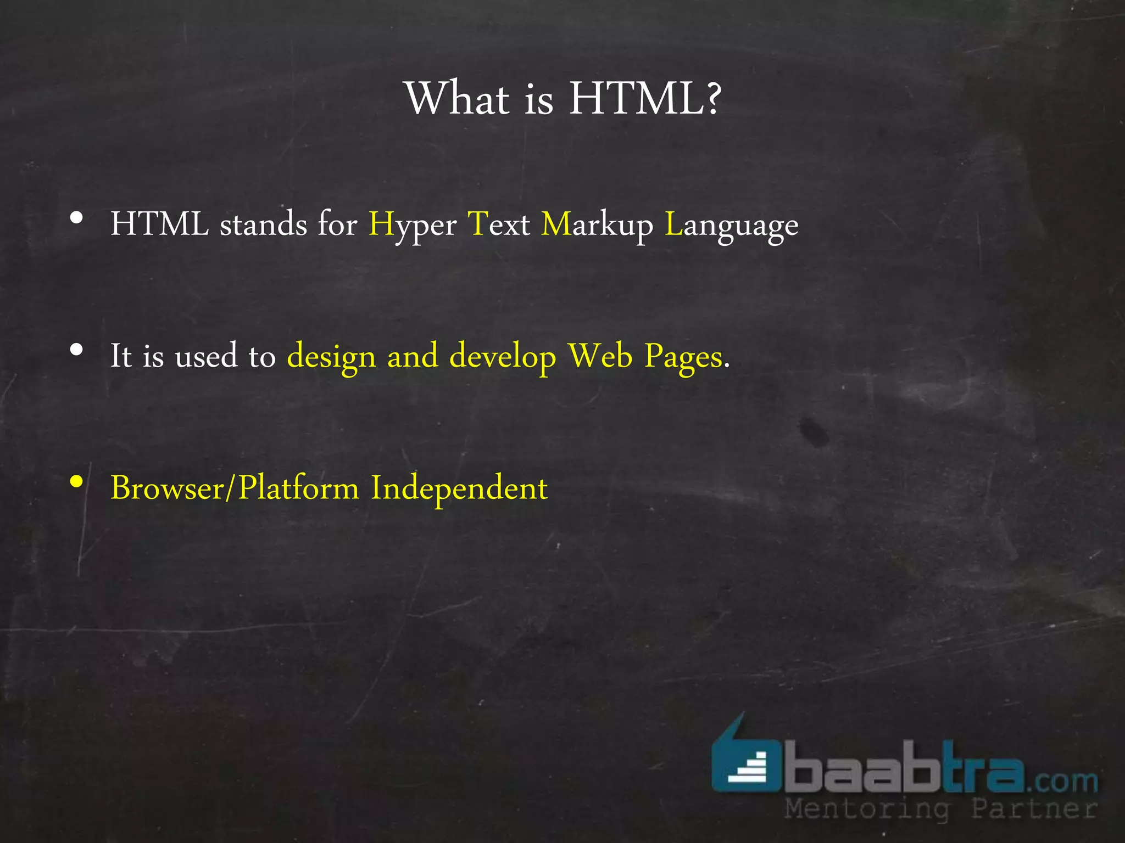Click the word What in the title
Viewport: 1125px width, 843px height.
tap(458, 99)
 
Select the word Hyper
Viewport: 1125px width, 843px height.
tap(412, 225)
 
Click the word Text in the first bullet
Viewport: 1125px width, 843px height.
tap(498, 225)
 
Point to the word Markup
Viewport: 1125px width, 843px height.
tap(597, 225)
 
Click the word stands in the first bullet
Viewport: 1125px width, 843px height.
tap(263, 225)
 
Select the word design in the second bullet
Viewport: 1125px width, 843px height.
tap(331, 357)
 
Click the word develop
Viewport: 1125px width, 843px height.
tap(503, 357)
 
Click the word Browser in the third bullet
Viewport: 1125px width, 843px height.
tap(168, 488)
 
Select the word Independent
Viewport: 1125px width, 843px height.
tap(459, 488)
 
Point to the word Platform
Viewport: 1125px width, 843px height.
tap(298, 488)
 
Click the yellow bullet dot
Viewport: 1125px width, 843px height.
tap(77, 482)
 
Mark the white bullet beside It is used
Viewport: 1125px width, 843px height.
tap(77, 350)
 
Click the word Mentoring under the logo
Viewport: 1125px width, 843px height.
tap(867, 810)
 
